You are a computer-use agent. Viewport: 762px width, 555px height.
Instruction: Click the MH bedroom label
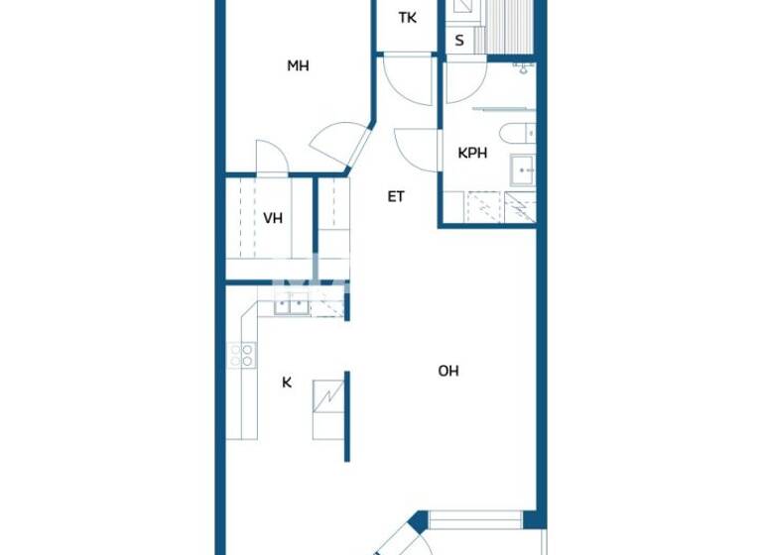298,66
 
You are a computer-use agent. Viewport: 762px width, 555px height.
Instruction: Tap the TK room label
407,18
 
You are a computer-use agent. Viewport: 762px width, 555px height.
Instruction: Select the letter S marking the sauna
459,41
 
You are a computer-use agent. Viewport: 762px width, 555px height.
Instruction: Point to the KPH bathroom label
472,154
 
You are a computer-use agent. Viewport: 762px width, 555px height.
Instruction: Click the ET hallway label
396,196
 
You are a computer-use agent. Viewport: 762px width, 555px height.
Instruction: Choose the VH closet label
273,218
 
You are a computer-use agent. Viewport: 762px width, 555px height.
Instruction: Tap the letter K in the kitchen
287,382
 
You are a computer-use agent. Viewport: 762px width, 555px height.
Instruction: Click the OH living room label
448,371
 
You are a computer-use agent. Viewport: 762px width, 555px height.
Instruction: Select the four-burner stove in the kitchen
241,355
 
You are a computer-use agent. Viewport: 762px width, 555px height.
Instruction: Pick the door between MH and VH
271,159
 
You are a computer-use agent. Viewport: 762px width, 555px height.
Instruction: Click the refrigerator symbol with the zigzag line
327,397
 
